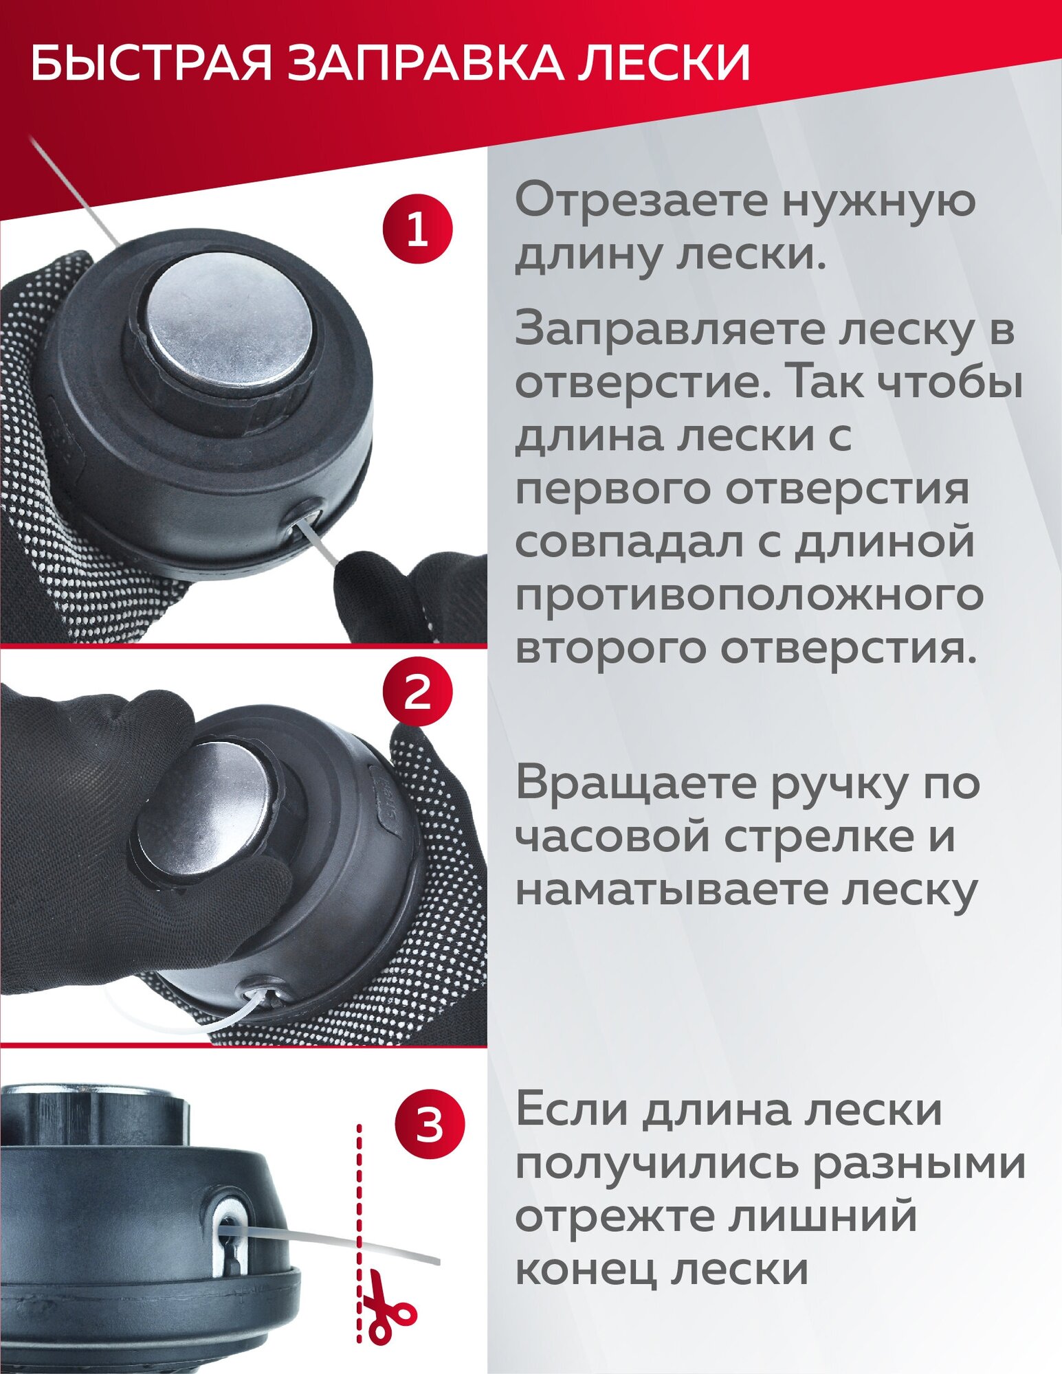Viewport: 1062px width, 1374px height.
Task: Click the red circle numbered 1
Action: pos(418,228)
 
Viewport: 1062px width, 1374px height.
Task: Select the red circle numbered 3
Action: pos(430,1127)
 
